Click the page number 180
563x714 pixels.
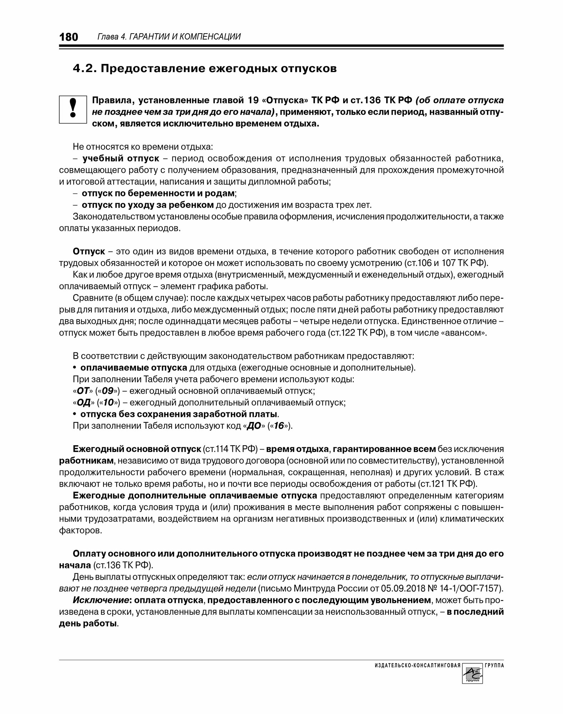(x=69, y=37)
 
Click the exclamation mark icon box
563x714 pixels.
(x=73, y=109)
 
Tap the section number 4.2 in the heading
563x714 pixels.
(x=84, y=69)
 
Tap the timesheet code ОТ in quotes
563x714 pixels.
(x=83, y=391)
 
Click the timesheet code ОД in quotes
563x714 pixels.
(x=83, y=403)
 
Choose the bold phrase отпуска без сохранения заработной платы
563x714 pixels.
(x=179, y=414)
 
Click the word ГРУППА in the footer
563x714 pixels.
(x=494, y=666)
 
